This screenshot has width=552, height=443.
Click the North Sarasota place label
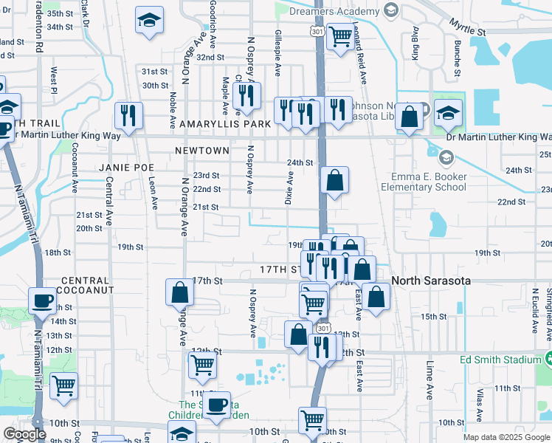[x=431, y=281]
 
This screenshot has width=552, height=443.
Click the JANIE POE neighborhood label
[x=125, y=168]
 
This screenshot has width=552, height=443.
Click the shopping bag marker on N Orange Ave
[x=180, y=292]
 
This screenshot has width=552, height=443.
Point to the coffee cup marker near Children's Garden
[x=217, y=405]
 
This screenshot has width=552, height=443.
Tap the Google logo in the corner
[x=24, y=434]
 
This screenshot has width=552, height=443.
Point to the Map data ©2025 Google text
[x=506, y=437]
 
